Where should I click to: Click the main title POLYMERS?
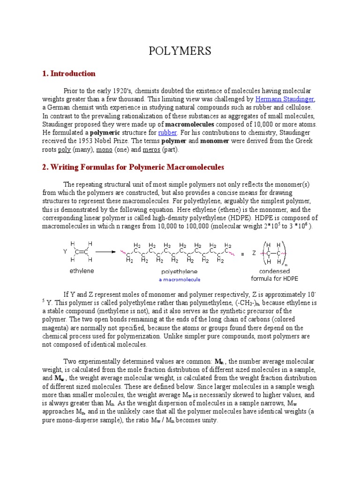tap(180, 51)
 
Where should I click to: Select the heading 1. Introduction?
tap(69, 74)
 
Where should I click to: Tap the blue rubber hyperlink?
tap(167, 133)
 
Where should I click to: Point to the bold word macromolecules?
tap(189, 124)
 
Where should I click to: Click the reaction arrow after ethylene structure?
tap(105, 251)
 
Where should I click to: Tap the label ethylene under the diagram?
tap(82, 270)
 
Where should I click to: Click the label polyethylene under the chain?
tap(179, 271)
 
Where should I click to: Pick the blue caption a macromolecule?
tap(179, 279)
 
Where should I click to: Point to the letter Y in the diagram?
tap(65, 251)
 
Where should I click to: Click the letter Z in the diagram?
tap(254, 253)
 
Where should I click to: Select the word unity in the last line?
tap(208, 420)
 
